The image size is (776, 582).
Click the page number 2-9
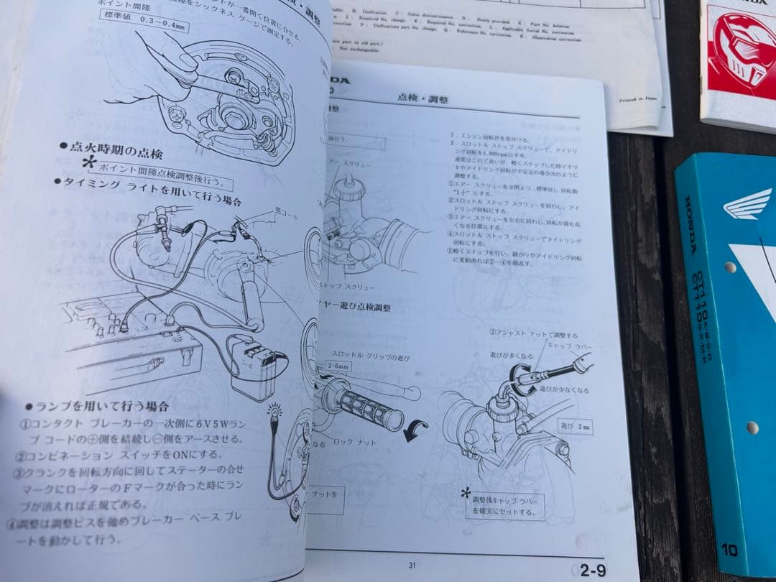593,571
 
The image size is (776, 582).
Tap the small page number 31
412,565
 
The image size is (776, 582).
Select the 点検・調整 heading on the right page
422,98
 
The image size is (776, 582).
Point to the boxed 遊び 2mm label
577,425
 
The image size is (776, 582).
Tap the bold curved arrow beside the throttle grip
415,430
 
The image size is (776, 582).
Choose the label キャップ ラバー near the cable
569,346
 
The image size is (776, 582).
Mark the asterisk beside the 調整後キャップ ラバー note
466,493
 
